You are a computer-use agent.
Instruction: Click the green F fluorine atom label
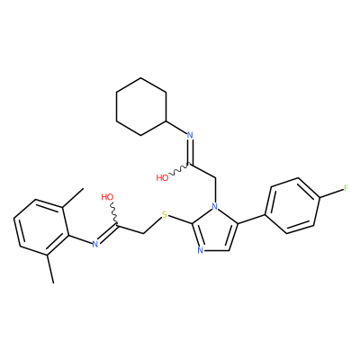[346, 188]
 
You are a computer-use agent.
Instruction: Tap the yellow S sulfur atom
[164, 214]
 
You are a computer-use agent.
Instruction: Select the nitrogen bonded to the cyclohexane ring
[190, 135]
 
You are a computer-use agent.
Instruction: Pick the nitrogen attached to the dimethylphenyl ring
[95, 244]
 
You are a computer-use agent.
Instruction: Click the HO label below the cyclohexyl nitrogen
[162, 178]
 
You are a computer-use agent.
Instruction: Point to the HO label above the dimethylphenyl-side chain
[107, 197]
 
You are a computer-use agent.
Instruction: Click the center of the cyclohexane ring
[141, 106]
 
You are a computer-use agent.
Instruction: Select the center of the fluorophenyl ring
[293, 206]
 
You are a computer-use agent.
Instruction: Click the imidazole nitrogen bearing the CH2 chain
[214, 206]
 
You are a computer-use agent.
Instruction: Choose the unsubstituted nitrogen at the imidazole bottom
[201, 250]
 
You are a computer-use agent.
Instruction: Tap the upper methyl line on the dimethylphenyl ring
[73, 197]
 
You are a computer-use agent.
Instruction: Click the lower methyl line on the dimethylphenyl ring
[50, 268]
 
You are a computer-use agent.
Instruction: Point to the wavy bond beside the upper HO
[179, 169]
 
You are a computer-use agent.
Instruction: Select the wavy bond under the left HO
[113, 212]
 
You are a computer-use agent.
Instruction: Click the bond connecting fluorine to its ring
[332, 193]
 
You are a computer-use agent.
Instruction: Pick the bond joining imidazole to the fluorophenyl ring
[252, 219]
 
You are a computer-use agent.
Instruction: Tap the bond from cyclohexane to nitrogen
[176, 127]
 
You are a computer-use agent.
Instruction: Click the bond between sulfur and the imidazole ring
[180, 220]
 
